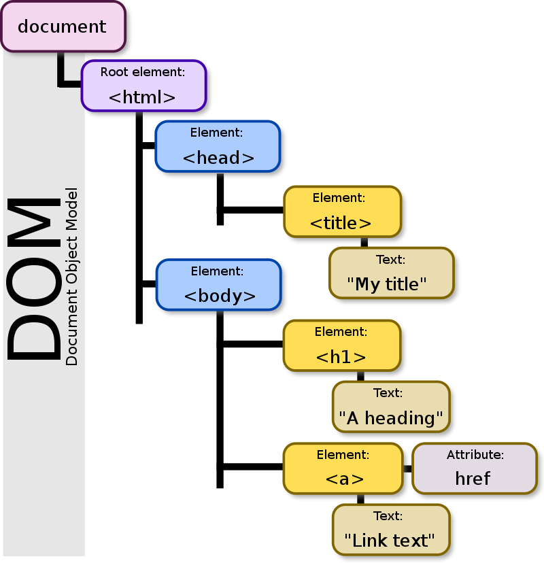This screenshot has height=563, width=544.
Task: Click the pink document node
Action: click(x=63, y=27)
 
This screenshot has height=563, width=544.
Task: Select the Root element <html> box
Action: click(x=143, y=86)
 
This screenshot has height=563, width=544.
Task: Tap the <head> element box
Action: click(x=217, y=146)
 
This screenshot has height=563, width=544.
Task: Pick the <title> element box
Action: click(x=341, y=211)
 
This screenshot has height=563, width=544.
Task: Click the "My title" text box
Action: click(x=390, y=273)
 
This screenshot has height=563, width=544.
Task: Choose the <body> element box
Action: click(x=218, y=284)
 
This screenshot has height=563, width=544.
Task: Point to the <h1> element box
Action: click(x=341, y=345)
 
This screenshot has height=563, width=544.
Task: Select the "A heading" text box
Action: click(x=390, y=407)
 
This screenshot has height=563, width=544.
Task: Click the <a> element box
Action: click(x=343, y=468)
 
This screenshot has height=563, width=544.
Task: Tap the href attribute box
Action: click(x=474, y=468)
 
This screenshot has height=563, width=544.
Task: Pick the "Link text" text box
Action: click(x=390, y=529)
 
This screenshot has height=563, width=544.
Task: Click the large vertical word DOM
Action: click(x=34, y=279)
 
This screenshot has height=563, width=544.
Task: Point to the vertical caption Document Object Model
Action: click(x=72, y=277)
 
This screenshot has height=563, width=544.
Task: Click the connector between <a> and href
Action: click(x=407, y=468)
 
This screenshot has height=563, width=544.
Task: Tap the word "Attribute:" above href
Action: click(x=475, y=455)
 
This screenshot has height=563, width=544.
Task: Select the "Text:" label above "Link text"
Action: click(x=388, y=516)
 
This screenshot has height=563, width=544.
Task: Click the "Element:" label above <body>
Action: click(x=217, y=271)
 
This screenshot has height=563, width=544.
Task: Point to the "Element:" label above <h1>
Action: click(x=341, y=332)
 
